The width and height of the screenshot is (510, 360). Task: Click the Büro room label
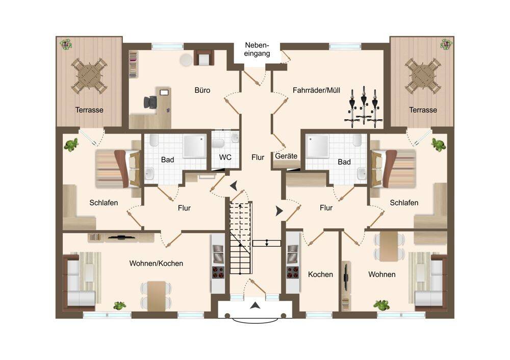point(202,90)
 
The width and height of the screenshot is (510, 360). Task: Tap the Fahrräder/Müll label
point(316,90)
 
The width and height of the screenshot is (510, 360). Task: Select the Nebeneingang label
point(257,49)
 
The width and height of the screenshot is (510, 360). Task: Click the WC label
point(225,158)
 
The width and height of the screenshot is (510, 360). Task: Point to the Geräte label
point(286,156)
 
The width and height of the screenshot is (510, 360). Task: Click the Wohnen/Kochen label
point(156,264)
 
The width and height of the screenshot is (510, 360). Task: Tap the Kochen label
point(320,274)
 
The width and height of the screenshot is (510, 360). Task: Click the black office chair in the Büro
point(150,102)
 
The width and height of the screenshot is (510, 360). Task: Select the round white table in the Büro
point(186,60)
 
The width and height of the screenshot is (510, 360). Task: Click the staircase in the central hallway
point(241,238)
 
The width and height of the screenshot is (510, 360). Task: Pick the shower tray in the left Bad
point(194,147)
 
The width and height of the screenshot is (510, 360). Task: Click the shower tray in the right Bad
point(317,147)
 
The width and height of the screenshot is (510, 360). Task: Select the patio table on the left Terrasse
point(89,76)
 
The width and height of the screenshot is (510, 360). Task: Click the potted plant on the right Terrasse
point(446,44)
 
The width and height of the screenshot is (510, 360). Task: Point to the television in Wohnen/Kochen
point(121,237)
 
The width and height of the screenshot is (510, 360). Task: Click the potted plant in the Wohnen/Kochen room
point(120,305)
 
